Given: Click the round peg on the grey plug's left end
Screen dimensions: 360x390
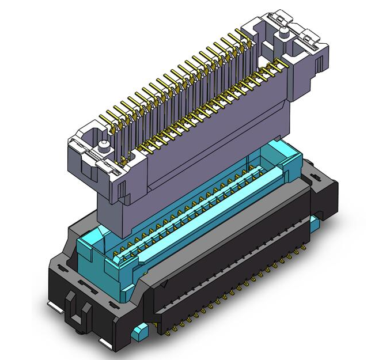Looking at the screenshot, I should [x=103, y=144].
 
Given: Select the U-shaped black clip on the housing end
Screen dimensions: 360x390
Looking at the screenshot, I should [x=78, y=311].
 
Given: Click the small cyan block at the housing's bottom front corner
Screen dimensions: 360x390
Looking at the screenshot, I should [x=139, y=332].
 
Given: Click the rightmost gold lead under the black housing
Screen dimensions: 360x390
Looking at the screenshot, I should [x=303, y=249].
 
